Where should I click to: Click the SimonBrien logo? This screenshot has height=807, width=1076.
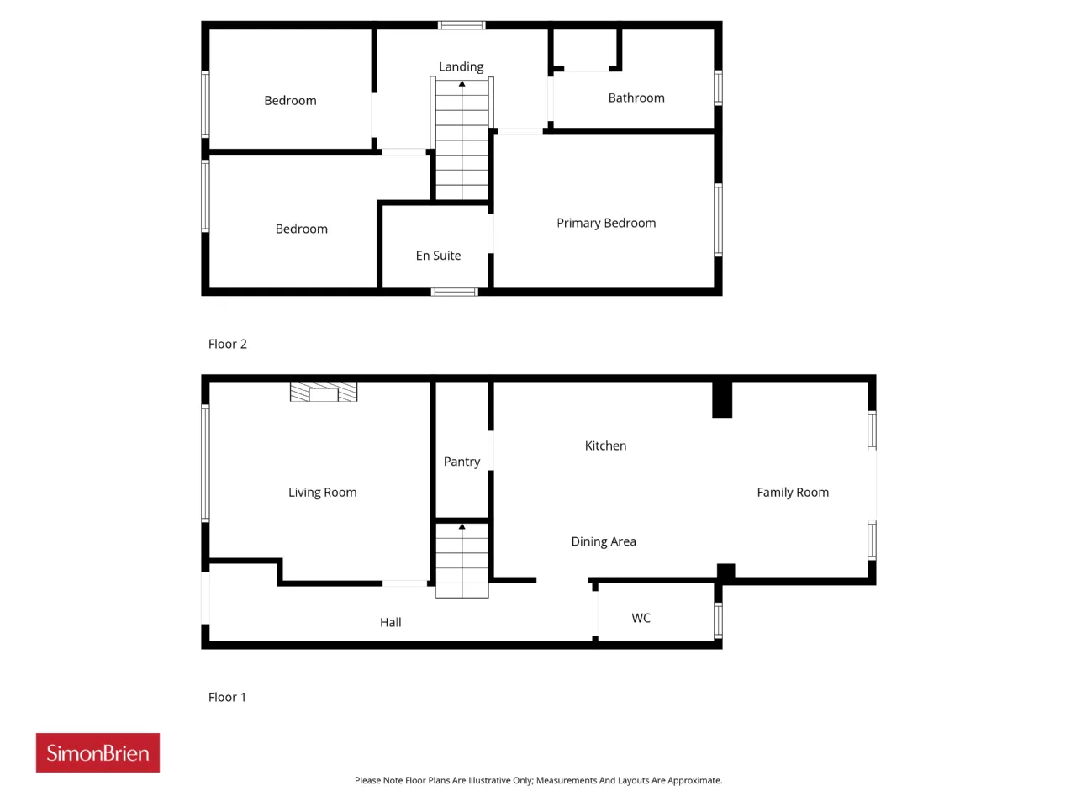coord(98,752)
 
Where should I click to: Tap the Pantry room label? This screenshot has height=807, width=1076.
coord(462,462)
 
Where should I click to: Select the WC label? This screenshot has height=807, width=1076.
coord(641,618)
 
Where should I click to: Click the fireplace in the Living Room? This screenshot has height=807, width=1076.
coord(323,392)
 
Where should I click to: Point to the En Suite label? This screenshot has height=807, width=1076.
coord(438,256)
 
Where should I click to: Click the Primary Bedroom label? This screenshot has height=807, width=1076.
coord(606,223)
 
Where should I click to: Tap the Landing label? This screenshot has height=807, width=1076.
coord(461,66)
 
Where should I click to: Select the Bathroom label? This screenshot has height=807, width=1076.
coord(636,98)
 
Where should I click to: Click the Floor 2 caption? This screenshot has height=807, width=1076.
coord(228,344)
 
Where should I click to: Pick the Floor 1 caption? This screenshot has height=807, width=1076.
coord(227,697)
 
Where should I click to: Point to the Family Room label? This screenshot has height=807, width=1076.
coord(793,493)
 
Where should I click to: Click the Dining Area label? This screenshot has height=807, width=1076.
coord(604,541)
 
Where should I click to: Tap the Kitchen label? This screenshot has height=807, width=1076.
coord(605,446)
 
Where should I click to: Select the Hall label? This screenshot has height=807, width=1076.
coord(390,622)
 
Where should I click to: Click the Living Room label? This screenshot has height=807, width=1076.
coord(322,493)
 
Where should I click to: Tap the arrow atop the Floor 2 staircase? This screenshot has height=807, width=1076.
coord(462,84)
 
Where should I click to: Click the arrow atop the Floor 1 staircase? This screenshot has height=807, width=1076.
coord(462,526)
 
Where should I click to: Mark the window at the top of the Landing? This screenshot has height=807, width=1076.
coord(462,25)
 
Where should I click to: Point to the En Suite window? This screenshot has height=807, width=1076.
coord(454,292)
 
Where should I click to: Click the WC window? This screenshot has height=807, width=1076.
coord(718,620)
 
